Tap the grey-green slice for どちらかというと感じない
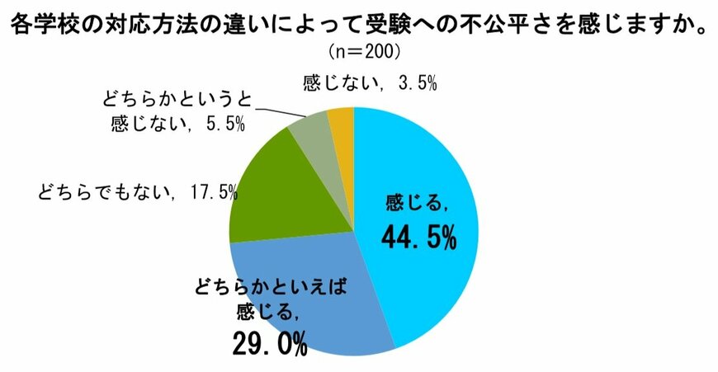311,133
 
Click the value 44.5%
418,238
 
